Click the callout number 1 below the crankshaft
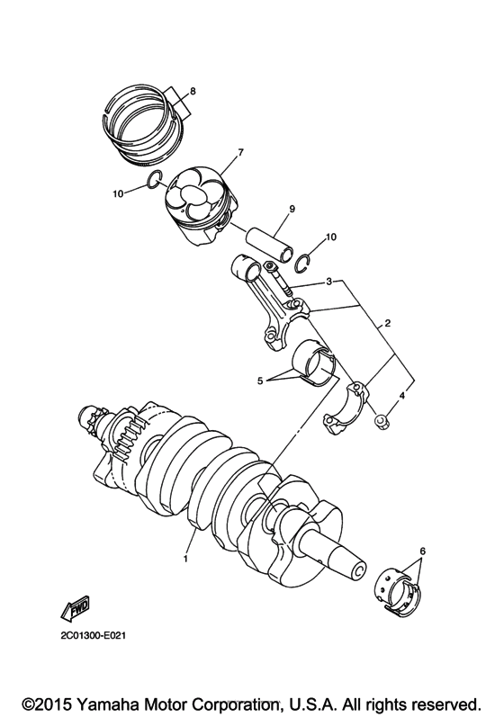coord(186,558)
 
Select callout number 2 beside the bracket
coord(387,322)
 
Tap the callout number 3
coord(329,282)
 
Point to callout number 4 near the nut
coord(402,395)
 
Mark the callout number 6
coord(422,551)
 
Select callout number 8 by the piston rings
coord(192,92)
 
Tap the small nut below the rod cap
coord(382,417)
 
